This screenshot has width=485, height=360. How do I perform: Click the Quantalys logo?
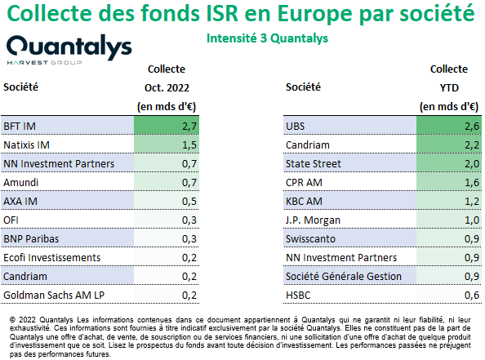coord(69,50)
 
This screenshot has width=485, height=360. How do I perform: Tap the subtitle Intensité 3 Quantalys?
coord(267,38)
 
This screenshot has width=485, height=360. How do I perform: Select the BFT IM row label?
coord(20,127)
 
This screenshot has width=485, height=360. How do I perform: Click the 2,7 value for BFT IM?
coord(189,127)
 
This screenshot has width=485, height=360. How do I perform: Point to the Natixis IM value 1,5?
coord(189,145)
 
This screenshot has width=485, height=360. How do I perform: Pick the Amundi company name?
coord(20,183)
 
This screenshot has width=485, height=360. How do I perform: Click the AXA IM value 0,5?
coord(189,202)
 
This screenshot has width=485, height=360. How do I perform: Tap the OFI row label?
coord(11,220)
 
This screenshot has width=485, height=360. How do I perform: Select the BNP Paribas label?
coord(31,238)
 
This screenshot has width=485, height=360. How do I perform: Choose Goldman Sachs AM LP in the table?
coord(54,295)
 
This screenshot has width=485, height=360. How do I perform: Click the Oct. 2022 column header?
coord(167,88)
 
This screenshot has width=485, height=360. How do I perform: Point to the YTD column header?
coord(449,88)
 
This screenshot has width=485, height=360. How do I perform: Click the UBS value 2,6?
coord(472,127)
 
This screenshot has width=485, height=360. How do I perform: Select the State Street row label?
coord(313,163)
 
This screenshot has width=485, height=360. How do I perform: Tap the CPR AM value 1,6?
coord(472,183)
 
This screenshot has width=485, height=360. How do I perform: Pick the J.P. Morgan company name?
coord(313,220)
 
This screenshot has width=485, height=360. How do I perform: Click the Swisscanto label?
coord(310,238)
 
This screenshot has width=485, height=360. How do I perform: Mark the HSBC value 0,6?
coord(472,295)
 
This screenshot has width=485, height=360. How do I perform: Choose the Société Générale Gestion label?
coord(344,276)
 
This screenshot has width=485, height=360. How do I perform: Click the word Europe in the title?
coord(314,14)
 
